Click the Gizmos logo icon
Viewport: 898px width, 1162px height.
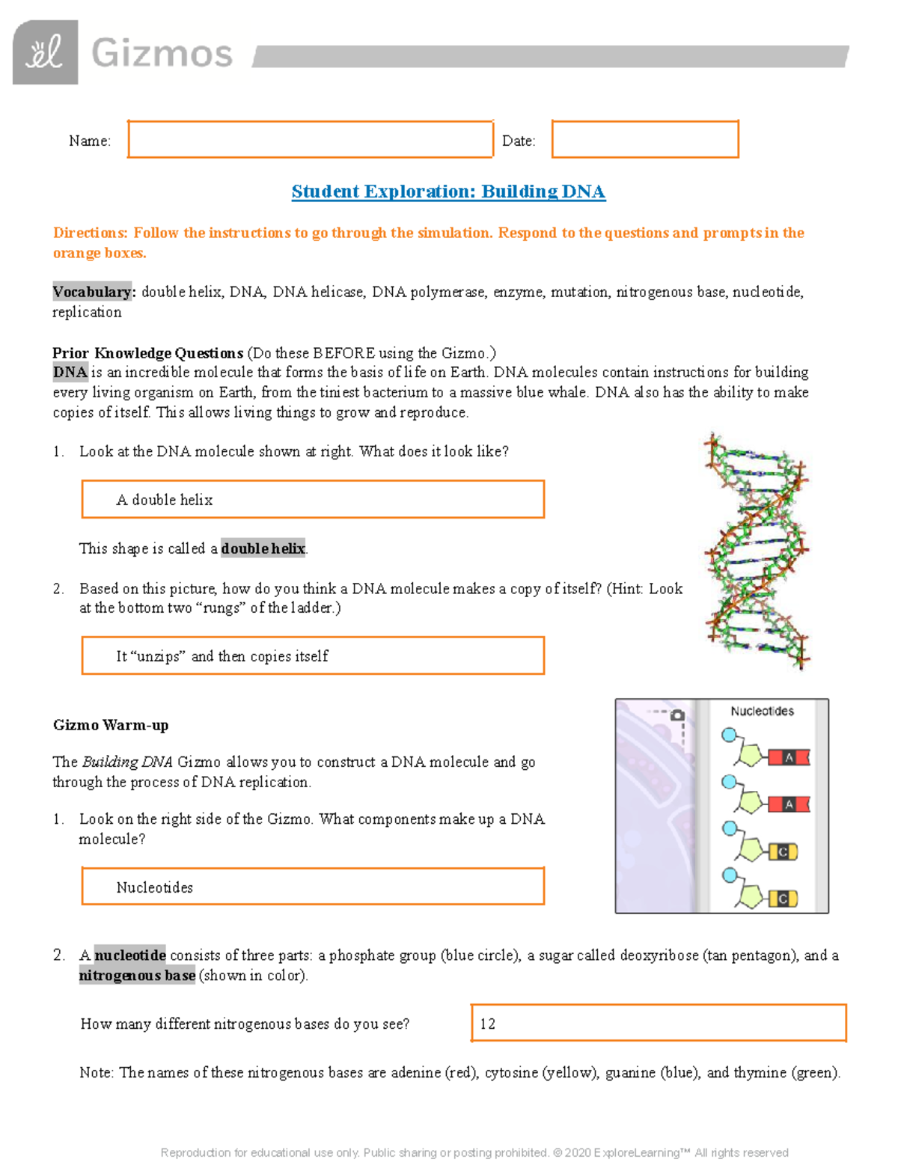point(45,52)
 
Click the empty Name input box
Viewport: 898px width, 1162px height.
point(311,139)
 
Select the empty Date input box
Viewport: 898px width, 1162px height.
point(645,139)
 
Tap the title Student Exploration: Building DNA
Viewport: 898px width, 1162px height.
point(448,192)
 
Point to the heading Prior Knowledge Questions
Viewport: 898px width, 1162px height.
point(147,353)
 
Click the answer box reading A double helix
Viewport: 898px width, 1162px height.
point(313,499)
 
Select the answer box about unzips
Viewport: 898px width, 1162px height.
point(313,655)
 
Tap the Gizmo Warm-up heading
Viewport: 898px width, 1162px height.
point(111,725)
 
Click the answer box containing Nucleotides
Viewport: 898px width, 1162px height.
point(313,887)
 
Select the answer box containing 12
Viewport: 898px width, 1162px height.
point(659,1023)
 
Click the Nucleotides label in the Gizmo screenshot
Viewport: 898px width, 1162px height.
point(762,711)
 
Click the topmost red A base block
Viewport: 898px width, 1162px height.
point(789,757)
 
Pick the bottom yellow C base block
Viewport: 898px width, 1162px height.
point(783,899)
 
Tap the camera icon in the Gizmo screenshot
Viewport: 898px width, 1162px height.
point(677,715)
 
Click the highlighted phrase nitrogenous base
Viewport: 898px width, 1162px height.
point(137,975)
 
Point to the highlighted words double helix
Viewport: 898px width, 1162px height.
point(263,548)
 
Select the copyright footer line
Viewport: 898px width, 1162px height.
point(474,1152)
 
